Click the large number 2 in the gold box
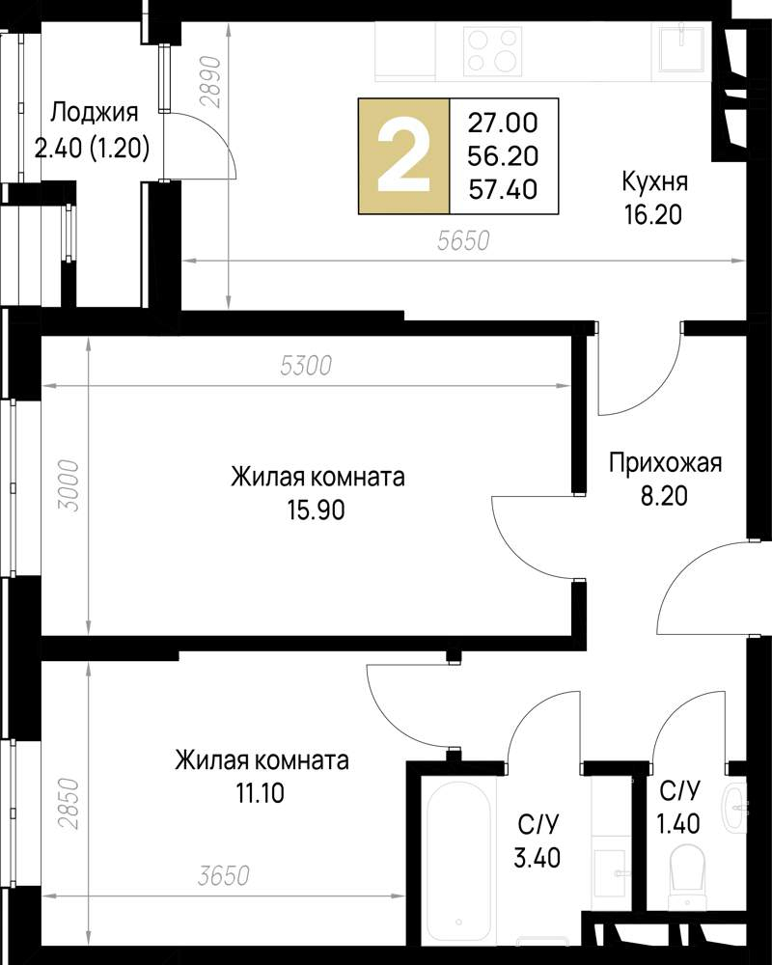(x=403, y=155)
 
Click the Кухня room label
(x=654, y=182)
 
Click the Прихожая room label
(x=665, y=464)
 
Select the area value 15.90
(x=317, y=509)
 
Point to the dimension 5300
(x=305, y=367)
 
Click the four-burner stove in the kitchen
(x=493, y=51)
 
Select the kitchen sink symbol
(x=684, y=48)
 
